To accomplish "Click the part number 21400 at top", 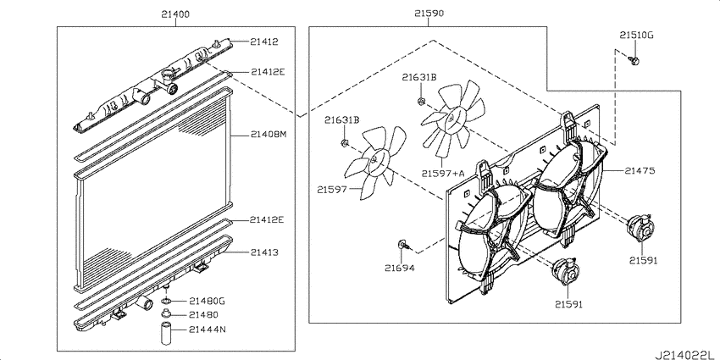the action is click(175, 14).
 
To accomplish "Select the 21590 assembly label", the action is click(429, 14).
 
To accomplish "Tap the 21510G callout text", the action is click(636, 35).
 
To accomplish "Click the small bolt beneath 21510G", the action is click(634, 59).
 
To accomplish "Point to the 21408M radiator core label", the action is click(269, 135).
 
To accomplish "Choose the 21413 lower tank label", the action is click(264, 252).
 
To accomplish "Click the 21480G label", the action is click(207, 302).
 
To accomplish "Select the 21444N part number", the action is click(207, 330).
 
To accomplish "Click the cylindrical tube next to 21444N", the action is click(166, 335).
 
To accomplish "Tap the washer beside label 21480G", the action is click(166, 302).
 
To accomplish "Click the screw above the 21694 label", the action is click(403, 244).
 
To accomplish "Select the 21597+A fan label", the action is click(443, 173).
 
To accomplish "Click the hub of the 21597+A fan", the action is click(451, 118).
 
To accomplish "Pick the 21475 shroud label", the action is click(640, 171).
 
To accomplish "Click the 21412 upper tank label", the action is click(264, 42).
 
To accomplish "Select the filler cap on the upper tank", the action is click(168, 75).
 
